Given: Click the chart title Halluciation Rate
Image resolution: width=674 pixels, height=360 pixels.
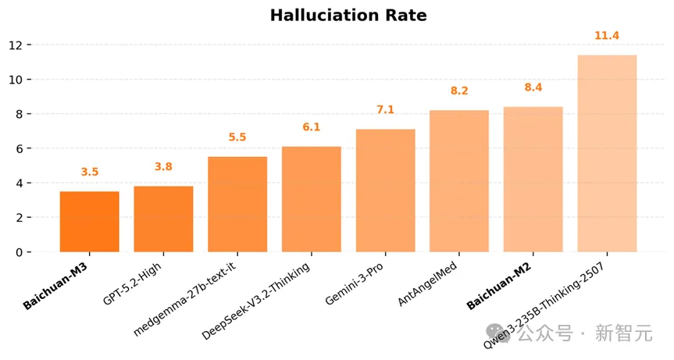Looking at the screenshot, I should click(348, 16).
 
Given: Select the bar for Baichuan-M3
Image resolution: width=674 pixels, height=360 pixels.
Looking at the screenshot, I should click(90, 222).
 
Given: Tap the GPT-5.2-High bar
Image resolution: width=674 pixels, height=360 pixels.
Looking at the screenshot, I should click(163, 219).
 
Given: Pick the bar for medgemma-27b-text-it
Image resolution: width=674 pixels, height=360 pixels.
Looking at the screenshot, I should click(237, 205).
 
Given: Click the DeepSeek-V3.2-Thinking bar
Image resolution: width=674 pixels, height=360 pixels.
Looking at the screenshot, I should click(312, 199).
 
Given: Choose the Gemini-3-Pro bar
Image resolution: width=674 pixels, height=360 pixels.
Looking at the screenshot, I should click(385, 191).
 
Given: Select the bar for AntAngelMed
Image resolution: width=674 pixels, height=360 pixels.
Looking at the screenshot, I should click(459, 181).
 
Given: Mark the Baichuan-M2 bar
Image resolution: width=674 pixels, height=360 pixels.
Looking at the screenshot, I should click(533, 180).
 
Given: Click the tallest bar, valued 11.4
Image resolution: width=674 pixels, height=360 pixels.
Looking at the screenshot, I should click(607, 154).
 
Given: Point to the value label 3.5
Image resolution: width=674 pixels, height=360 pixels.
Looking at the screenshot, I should click(90, 172).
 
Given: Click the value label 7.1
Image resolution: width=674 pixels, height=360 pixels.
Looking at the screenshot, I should click(385, 110).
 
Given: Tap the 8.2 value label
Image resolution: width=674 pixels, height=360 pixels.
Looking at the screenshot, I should click(459, 91).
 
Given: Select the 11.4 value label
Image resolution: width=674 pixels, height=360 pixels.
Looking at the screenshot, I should click(607, 36).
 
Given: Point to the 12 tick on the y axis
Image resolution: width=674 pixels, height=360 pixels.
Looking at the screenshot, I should click(15, 45).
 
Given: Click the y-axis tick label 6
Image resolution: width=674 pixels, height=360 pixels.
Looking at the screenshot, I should click(18, 148).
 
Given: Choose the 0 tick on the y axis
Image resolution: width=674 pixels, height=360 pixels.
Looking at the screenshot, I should click(18, 252).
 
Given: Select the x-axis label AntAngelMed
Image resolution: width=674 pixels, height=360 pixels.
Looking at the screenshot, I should click(427, 284).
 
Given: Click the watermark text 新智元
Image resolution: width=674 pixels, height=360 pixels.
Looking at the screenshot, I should click(623, 334).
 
